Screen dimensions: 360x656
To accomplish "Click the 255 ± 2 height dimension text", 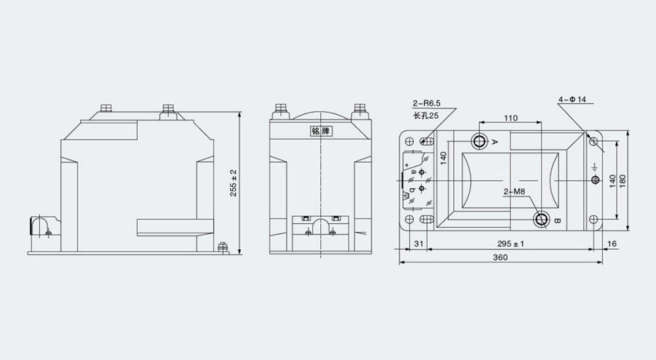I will coord(234,182).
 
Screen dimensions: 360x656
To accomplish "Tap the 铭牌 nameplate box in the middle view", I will coord(319,130).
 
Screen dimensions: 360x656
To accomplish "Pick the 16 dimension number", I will coord(612,244).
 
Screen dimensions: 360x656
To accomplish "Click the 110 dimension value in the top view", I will coord(511,118).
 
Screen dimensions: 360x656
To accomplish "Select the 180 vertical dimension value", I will coord(624,179).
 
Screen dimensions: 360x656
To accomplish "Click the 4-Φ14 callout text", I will coord(572,100).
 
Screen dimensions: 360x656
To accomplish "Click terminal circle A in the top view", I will coord(479,141).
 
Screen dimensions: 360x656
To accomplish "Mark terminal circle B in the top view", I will coord(542,219).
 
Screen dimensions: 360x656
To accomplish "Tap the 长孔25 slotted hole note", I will coord(425,116).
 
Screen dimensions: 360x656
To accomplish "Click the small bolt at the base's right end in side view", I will coord(222,247).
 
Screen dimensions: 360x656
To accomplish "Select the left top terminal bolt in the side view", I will coord(107,108).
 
